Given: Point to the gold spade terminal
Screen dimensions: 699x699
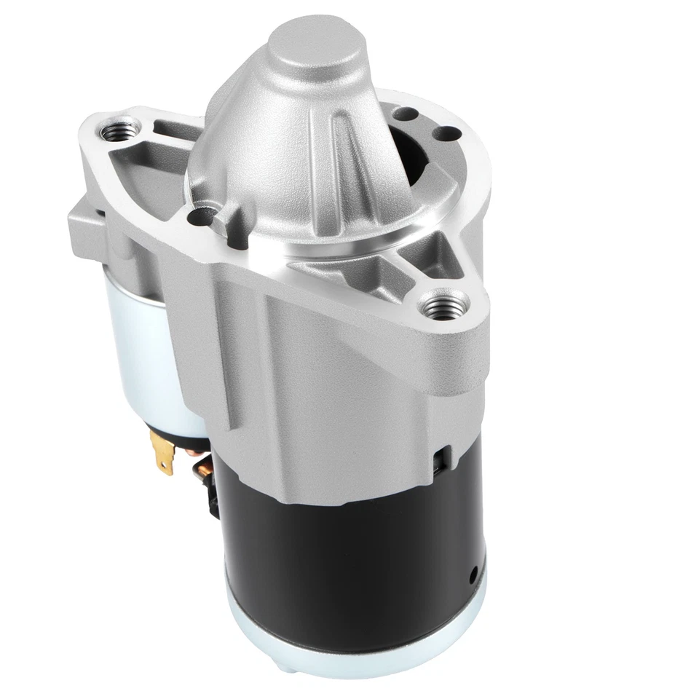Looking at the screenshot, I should (x=163, y=451).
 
